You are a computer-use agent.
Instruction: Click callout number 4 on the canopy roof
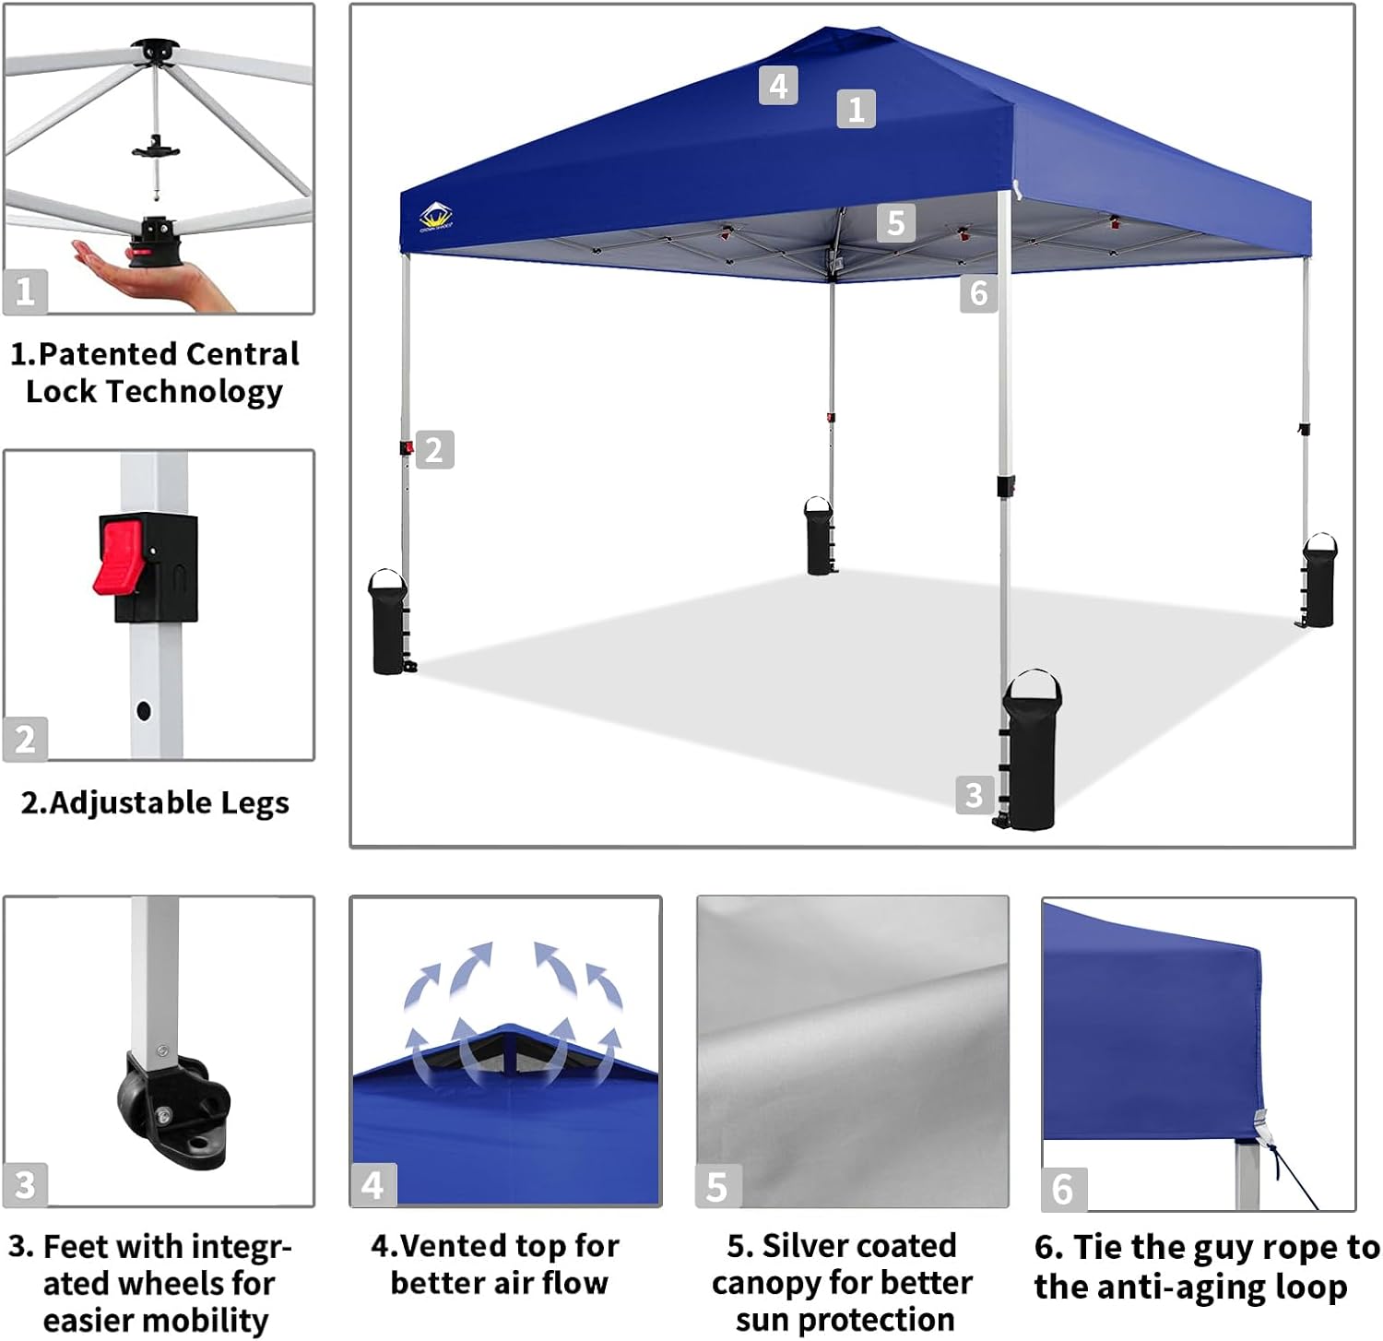(x=778, y=86)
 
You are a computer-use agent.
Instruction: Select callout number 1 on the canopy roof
(x=856, y=109)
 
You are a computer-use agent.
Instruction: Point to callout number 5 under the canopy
(x=895, y=223)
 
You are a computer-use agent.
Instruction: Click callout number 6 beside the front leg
(x=978, y=293)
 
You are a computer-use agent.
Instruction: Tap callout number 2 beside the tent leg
(x=434, y=450)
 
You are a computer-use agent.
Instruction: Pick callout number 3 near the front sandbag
(x=975, y=794)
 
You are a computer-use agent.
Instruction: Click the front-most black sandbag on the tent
(x=1032, y=752)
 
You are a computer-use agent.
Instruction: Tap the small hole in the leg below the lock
(x=144, y=711)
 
